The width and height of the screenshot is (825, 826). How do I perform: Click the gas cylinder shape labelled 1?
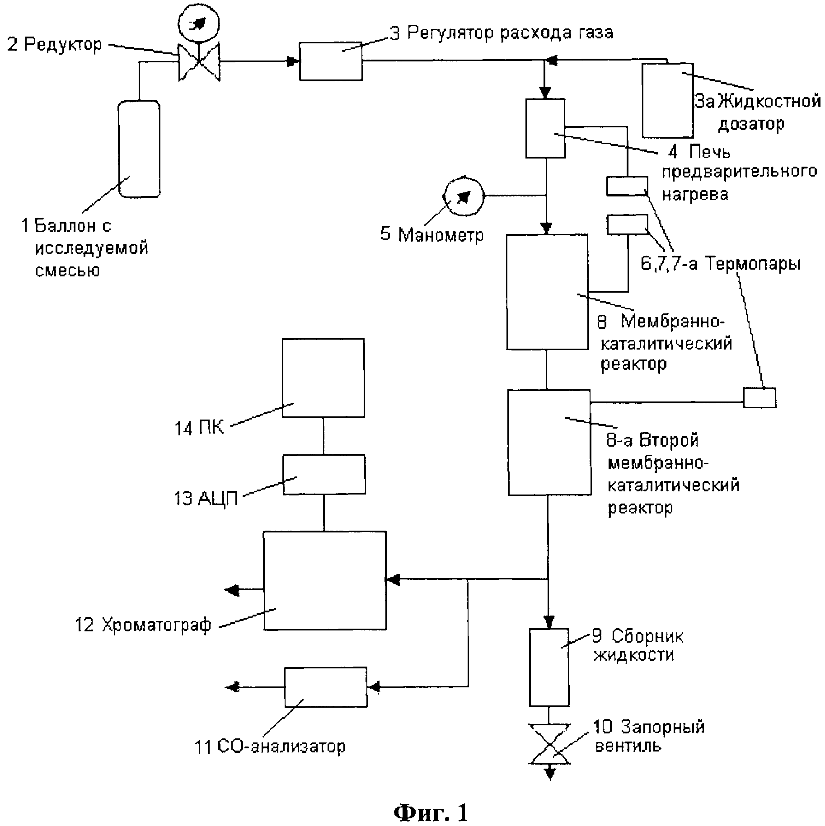point(139,149)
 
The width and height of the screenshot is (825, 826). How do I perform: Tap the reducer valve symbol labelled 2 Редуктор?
point(199,62)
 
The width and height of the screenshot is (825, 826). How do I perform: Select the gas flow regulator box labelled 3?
point(331,61)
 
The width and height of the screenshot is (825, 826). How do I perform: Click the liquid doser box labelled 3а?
point(668,100)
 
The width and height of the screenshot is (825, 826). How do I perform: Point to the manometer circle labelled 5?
point(463,196)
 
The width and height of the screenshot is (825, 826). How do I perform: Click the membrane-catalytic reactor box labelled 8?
point(547,292)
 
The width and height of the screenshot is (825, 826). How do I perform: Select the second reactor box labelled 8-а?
point(549,442)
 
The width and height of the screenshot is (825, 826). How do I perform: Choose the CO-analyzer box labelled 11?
point(326,687)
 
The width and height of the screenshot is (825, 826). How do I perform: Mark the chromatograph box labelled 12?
point(325,580)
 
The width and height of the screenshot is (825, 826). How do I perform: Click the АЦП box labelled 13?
point(324,474)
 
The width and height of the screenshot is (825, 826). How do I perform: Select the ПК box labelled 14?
point(323,378)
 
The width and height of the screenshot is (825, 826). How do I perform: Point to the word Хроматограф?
point(156,625)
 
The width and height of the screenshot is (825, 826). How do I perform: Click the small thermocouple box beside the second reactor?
point(759,398)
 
